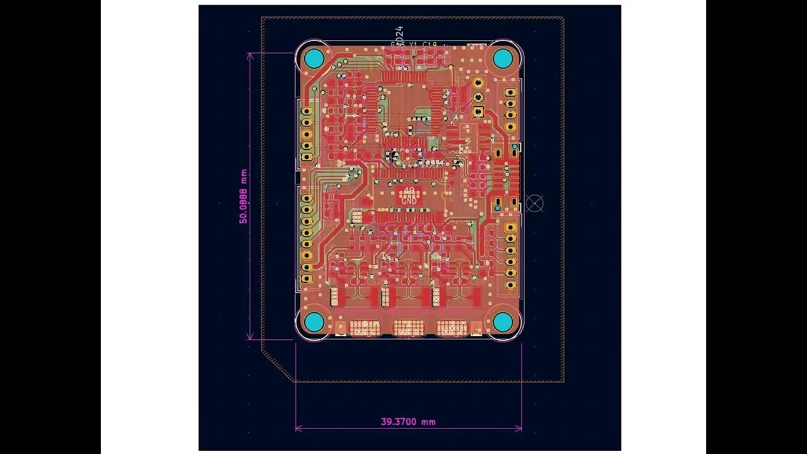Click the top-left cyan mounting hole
point(314,59)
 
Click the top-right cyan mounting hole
point(502,59)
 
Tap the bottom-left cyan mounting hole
point(314,322)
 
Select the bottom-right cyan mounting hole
point(502,322)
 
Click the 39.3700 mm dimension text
point(408,422)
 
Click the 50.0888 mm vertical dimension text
point(243,196)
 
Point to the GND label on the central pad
point(409,200)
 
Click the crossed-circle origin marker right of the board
point(535,203)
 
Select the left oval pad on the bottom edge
point(365,328)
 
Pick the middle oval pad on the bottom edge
point(409,328)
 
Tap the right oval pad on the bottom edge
point(452,328)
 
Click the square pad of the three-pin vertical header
point(478,112)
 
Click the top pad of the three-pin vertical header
point(478,83)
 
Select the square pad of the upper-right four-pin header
point(511,93)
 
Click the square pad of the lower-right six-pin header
point(511,228)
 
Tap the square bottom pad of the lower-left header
point(307,278)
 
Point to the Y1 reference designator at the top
point(414,44)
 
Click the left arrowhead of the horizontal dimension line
point(297,429)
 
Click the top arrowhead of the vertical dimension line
point(250,54)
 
